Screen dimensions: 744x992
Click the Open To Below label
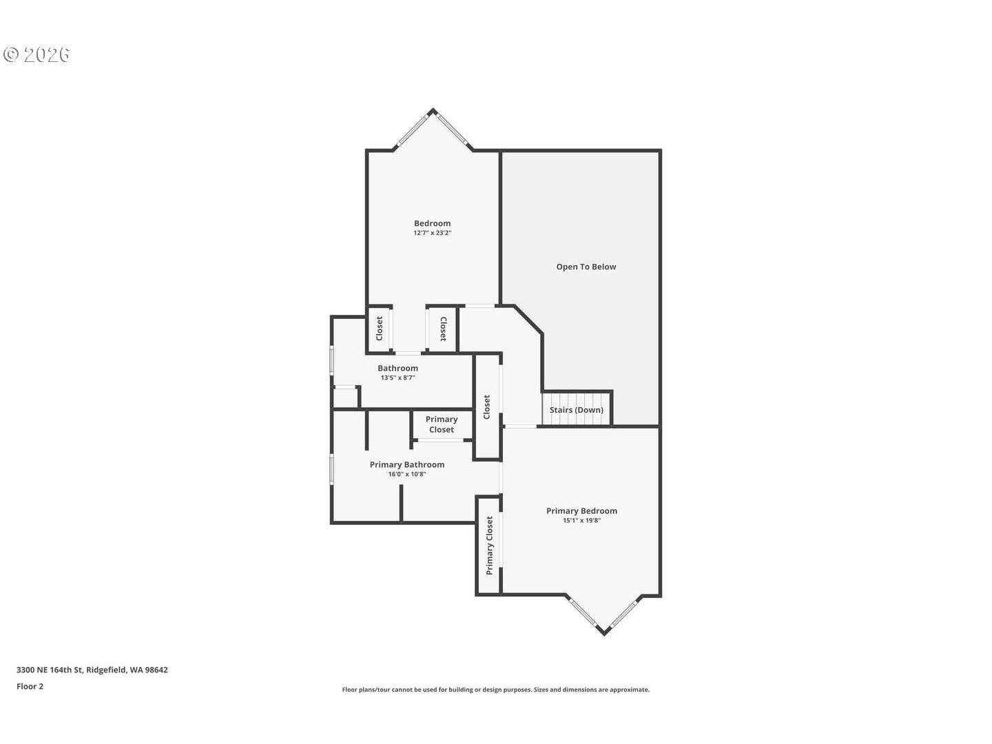coord(586,267)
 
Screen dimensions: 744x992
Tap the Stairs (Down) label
coord(577,410)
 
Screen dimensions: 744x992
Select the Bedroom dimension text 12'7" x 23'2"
coord(432,234)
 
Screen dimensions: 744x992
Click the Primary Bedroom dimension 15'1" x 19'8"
coord(581,521)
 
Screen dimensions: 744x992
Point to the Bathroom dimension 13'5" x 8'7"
coord(397,378)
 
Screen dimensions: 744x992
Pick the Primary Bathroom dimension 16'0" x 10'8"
coord(407,474)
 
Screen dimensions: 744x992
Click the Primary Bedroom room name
coord(581,510)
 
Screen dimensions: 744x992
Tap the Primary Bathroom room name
coord(407,464)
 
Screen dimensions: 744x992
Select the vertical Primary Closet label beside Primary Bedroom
coord(489,546)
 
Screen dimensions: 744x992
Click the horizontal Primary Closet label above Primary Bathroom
coord(442,424)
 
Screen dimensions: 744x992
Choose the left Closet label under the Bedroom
coord(379,329)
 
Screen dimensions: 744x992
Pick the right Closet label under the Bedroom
coord(443,329)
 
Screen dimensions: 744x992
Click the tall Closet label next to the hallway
coord(487,406)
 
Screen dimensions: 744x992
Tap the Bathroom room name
coord(397,368)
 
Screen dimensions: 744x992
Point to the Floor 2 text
coord(30,686)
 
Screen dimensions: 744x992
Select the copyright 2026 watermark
coord(37,54)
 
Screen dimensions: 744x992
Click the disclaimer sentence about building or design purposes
coord(495,690)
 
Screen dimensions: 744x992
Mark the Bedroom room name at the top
coord(432,223)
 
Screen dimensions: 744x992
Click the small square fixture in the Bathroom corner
coord(345,397)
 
